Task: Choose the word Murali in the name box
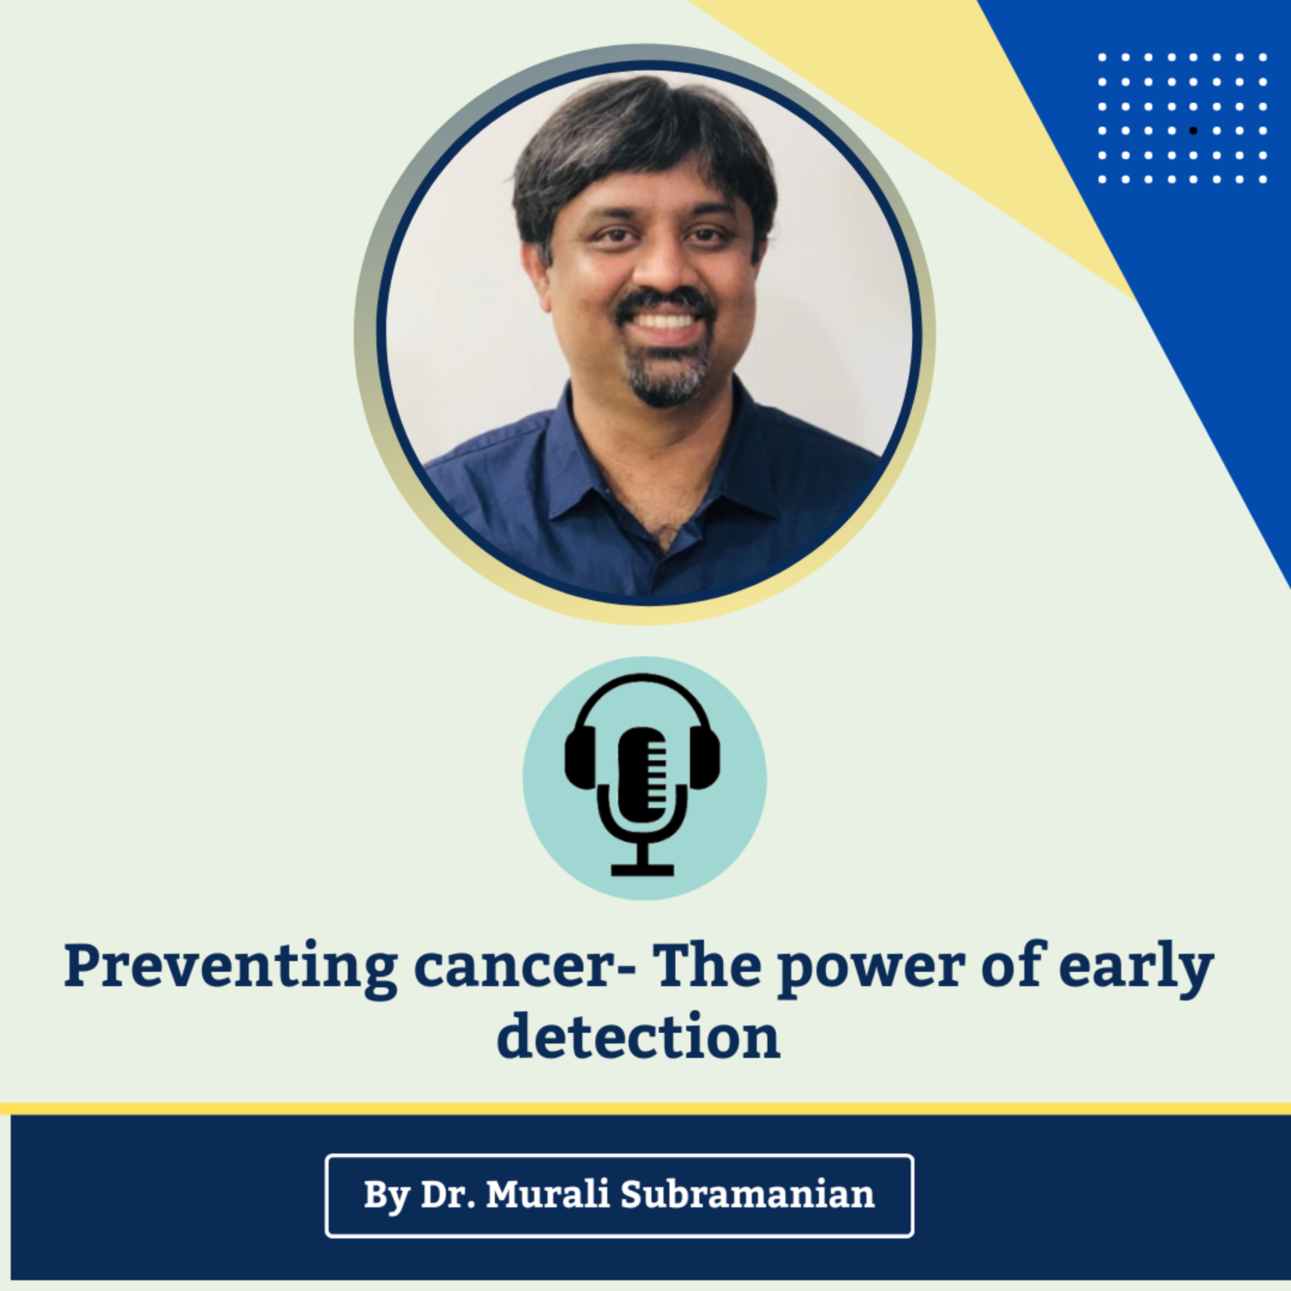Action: (x=547, y=1194)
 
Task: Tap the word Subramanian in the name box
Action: (x=747, y=1194)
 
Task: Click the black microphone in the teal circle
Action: (x=643, y=775)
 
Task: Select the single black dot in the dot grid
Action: (x=1193, y=131)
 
